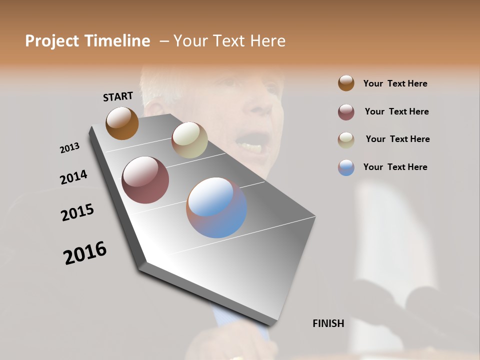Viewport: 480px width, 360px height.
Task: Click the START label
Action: coord(118,96)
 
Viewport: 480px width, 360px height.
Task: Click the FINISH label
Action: coord(328,323)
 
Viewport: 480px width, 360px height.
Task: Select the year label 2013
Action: coord(69,148)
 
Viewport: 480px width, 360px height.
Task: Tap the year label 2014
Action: coord(73,177)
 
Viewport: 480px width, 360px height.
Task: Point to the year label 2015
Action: coord(77,212)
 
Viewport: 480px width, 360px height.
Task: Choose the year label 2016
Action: coord(85,253)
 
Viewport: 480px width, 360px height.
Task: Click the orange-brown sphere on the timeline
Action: coord(122,123)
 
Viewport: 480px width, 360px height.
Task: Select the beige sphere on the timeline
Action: coord(189,140)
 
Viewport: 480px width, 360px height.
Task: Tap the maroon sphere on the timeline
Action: coord(145,180)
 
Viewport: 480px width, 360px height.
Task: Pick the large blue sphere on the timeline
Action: coord(216,207)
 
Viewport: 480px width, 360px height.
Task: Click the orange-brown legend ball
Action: coord(346,83)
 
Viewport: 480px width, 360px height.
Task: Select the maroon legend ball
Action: coord(346,112)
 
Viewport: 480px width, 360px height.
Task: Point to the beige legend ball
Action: coord(346,140)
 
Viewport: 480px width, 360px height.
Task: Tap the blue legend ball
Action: coord(346,167)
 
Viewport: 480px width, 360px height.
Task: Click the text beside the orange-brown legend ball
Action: coord(395,84)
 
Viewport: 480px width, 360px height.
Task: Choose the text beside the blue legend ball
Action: coord(395,167)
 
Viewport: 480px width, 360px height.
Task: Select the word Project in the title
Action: coord(52,41)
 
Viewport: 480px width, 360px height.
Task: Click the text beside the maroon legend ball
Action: coord(396,111)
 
